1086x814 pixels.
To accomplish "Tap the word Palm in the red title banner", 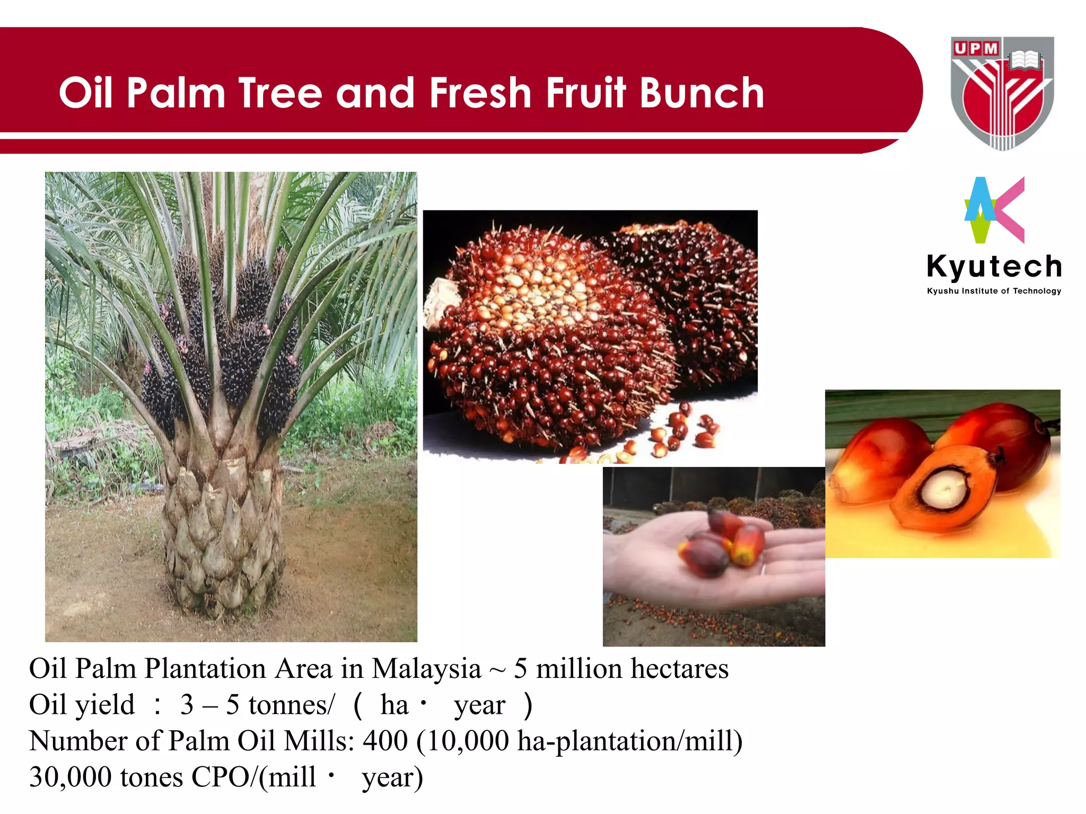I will [177, 93].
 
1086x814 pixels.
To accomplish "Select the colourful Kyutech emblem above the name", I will [993, 210].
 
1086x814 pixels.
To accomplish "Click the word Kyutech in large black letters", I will [994, 266].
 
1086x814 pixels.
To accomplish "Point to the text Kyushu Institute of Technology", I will [994, 291].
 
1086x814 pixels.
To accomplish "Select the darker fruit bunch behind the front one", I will [700, 297].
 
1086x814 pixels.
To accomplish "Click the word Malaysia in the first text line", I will [426, 669].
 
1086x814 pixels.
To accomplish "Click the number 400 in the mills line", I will [385, 741].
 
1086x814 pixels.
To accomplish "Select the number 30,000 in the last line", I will [71, 777].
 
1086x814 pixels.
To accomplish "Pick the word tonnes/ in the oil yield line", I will [291, 705].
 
